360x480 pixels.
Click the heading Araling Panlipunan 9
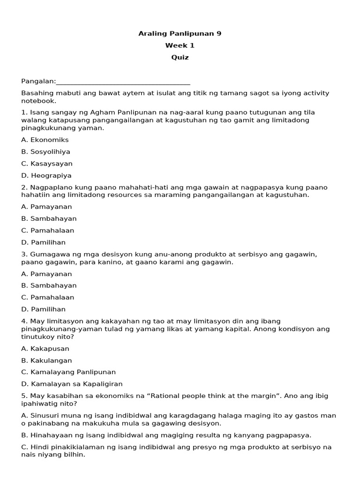pyautogui.click(x=180, y=33)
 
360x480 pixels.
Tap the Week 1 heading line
pyautogui.click(x=180, y=45)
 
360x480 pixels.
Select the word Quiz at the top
pyautogui.click(x=180, y=58)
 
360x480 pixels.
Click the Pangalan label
pyautogui.click(x=38, y=81)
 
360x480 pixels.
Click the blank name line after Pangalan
pyautogui.click(x=123, y=82)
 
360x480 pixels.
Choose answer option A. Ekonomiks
pyautogui.click(x=45, y=140)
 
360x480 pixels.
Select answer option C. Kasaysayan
pyautogui.click(x=47, y=164)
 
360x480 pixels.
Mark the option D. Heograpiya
pyautogui.click(x=46, y=176)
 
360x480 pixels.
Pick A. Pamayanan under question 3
pyautogui.click(x=46, y=274)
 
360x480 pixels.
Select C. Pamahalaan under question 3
pyautogui.click(x=48, y=297)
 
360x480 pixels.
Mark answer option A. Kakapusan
pyautogui.click(x=45, y=349)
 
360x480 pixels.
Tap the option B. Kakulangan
pyautogui.click(x=46, y=360)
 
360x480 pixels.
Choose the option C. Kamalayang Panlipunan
pyautogui.click(x=68, y=372)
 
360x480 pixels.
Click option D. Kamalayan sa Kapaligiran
pyautogui.click(x=72, y=384)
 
